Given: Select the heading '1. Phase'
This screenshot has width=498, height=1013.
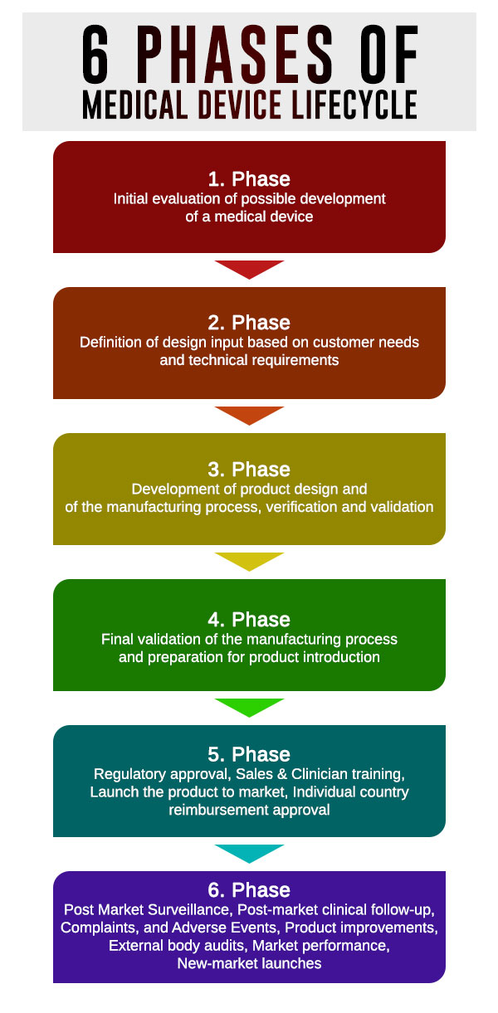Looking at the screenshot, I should coord(249,179).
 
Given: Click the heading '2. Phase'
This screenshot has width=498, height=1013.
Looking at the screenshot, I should coord(249,323).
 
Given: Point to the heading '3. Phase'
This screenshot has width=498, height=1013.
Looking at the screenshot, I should coord(249,470).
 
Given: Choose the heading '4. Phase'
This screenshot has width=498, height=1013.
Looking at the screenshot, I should coord(249,620).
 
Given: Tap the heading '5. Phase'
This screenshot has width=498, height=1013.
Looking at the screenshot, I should coord(249,754).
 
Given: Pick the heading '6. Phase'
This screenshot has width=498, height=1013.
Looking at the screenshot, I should coord(249,891).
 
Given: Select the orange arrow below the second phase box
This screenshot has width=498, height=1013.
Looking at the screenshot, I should coord(249,415).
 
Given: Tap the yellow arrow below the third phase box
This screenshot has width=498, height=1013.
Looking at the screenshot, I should coord(249,561).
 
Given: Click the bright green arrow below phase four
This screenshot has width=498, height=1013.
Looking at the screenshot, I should coord(249,707).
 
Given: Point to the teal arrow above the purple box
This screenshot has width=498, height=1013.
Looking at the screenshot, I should coord(249,853).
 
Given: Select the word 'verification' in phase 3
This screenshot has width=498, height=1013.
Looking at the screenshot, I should coord(312,506).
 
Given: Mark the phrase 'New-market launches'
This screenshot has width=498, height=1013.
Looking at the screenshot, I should coord(249,963).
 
